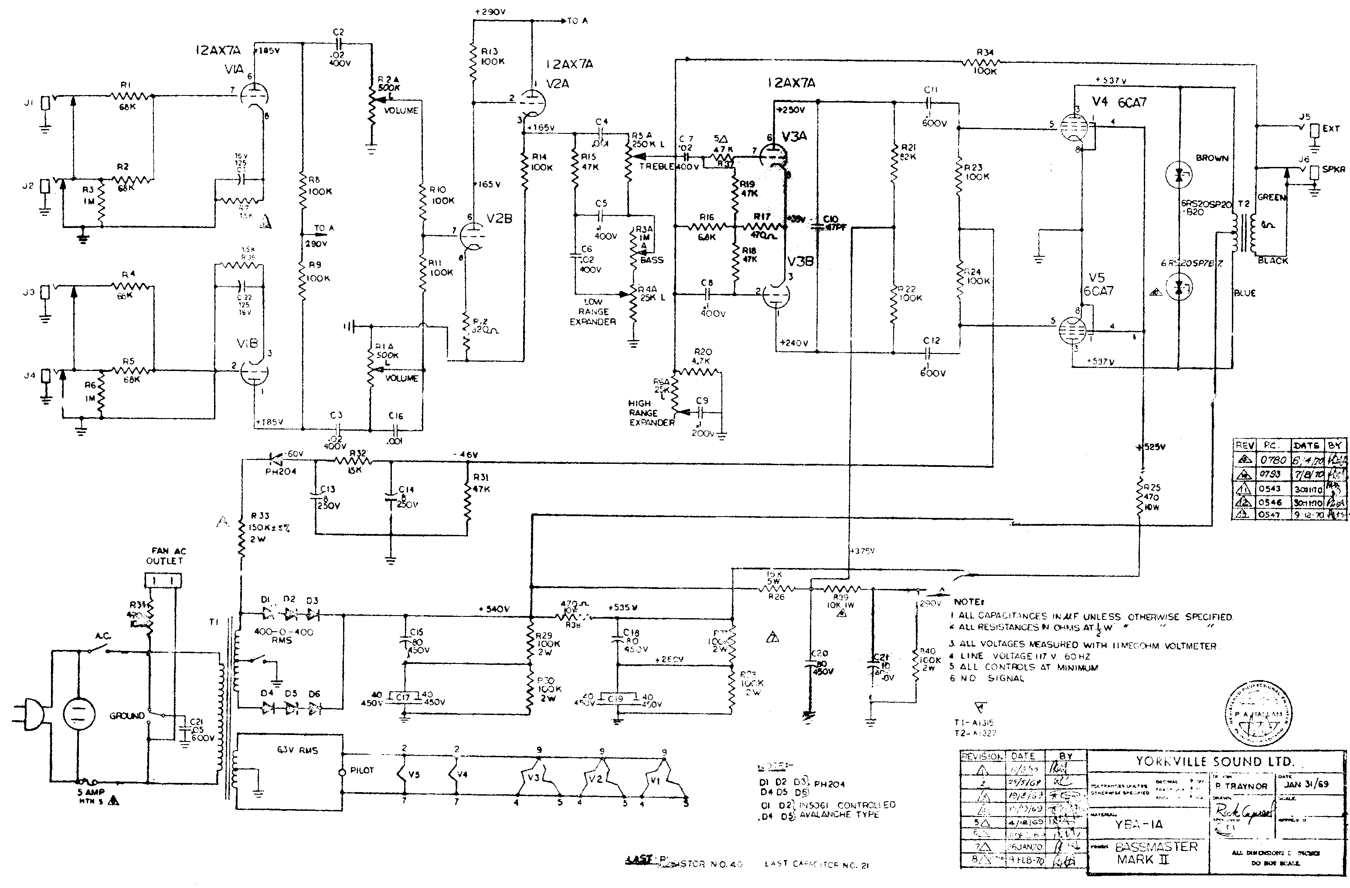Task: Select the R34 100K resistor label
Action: [985, 62]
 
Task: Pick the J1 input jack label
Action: [29, 103]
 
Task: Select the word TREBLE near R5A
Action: [656, 166]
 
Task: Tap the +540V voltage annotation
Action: [493, 609]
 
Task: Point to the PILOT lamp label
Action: [362, 770]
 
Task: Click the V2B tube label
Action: [499, 218]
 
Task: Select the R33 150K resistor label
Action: [261, 527]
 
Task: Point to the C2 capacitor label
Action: [339, 32]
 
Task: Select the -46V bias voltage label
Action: [466, 455]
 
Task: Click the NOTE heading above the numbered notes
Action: [968, 602]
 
